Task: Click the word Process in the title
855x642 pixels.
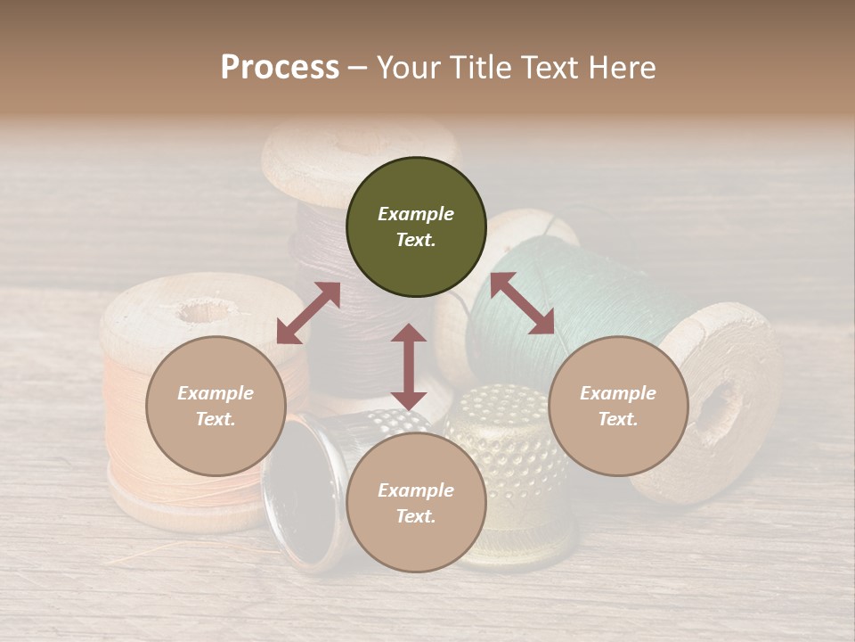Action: (x=280, y=68)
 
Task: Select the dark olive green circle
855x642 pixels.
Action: (x=416, y=227)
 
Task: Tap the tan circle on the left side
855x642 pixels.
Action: (x=216, y=407)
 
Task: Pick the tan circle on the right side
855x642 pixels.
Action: (x=618, y=407)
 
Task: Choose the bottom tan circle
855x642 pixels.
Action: (x=416, y=504)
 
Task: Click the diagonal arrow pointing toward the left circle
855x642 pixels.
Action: (x=308, y=313)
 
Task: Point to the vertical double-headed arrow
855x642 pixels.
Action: (x=409, y=366)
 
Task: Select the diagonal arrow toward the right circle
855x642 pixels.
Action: (x=522, y=303)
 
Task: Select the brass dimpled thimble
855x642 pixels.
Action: (x=499, y=473)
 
